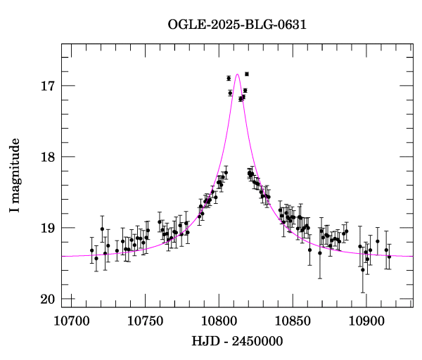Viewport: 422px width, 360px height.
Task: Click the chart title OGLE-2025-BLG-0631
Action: [x=237, y=25]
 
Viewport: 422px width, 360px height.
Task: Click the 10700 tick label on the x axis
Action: [x=71, y=321]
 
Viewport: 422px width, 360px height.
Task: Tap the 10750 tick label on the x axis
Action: [x=144, y=321]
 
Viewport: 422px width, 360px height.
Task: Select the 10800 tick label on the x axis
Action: [x=217, y=321]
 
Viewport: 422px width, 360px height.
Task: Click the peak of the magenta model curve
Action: [x=238, y=74]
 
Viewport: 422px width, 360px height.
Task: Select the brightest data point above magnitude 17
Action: [x=246, y=74]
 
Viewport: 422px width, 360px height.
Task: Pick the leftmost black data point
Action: [x=91, y=250]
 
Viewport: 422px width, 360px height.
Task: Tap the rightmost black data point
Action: [x=389, y=257]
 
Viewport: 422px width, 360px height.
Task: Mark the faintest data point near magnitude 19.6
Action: [x=363, y=270]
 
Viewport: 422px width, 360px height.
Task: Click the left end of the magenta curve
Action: [x=63, y=256]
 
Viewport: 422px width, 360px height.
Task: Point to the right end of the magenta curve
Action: [x=412, y=256]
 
